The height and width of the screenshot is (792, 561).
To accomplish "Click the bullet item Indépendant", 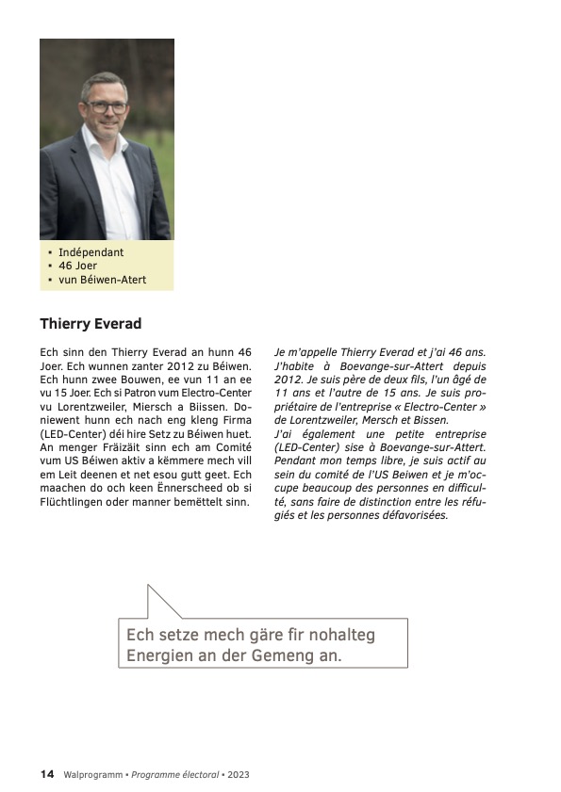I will [x=91, y=252].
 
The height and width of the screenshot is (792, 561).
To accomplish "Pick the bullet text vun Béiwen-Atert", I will [x=102, y=281].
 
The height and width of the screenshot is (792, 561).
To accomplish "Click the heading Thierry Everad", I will [x=91, y=324].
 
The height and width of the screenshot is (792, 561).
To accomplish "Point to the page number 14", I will [x=46, y=774].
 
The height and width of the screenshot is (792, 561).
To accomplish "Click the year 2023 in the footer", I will [x=238, y=774].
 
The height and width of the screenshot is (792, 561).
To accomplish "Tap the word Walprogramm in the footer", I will [x=93, y=774].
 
